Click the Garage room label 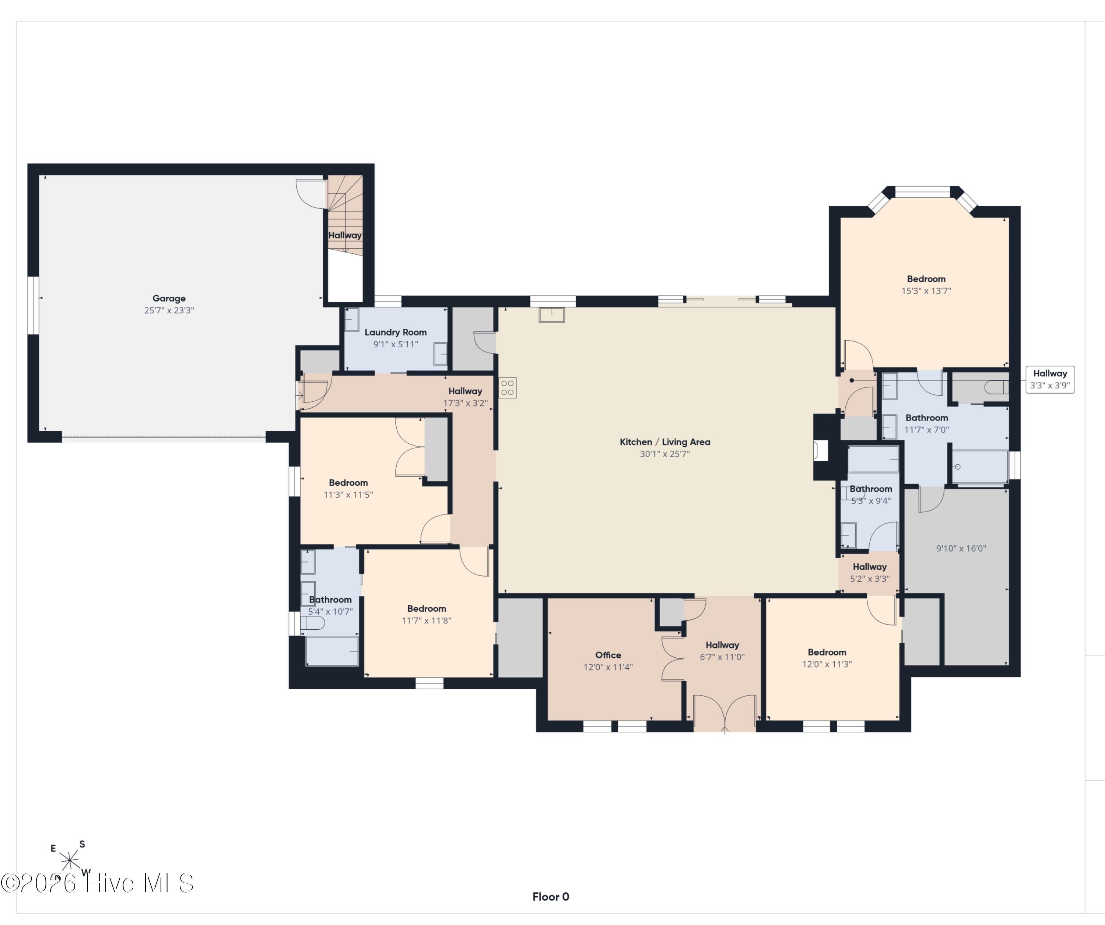(169, 298)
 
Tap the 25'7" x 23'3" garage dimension (169, 310)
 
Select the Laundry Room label (396, 333)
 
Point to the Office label (608, 655)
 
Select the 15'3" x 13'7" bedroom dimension (926, 291)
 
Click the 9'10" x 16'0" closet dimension (961, 548)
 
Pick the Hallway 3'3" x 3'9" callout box (1050, 379)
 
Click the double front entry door (725, 714)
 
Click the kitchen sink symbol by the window (551, 314)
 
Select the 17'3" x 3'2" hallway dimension (465, 403)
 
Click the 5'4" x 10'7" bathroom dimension (330, 611)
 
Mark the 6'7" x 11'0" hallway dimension (722, 657)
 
